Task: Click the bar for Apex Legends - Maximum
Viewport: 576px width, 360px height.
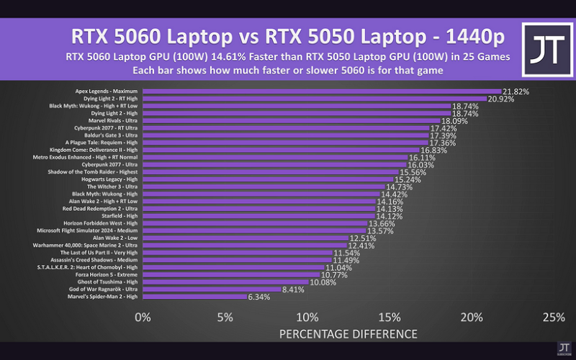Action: pyautogui.click(x=322, y=91)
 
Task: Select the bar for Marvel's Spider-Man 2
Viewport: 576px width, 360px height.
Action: pyautogui.click(x=194, y=296)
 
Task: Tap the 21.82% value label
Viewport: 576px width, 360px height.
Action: pyautogui.click(x=516, y=92)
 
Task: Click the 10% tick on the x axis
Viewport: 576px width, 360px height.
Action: pyautogui.click(x=307, y=318)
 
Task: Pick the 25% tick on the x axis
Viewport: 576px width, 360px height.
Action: pyautogui.click(x=553, y=318)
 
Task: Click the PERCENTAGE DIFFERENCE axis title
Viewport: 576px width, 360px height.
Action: pyautogui.click(x=348, y=334)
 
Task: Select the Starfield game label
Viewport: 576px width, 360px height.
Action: pyautogui.click(x=123, y=216)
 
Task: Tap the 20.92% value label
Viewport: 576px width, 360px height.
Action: pyautogui.click(x=501, y=99)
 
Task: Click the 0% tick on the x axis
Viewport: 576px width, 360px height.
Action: pyautogui.click(x=143, y=318)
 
